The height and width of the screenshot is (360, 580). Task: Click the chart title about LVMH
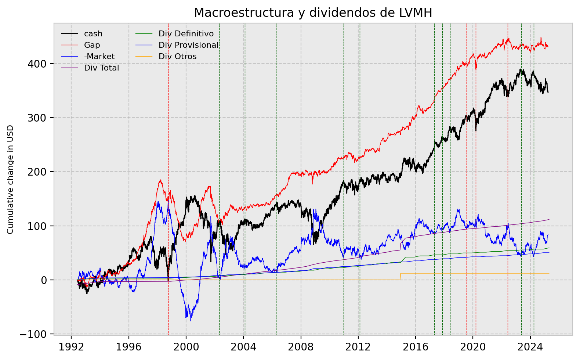pyautogui.click(x=313, y=13)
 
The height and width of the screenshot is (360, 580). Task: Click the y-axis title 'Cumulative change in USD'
pyautogui.click(x=10, y=179)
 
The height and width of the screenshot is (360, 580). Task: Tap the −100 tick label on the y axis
pyautogui.click(x=35, y=334)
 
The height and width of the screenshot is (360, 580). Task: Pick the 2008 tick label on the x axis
pyautogui.click(x=301, y=347)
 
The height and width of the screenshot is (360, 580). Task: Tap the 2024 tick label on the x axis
pyautogui.click(x=530, y=347)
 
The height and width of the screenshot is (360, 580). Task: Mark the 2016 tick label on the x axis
pyautogui.click(x=416, y=347)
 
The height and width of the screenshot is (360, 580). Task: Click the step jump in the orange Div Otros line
pyautogui.click(x=400, y=276)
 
